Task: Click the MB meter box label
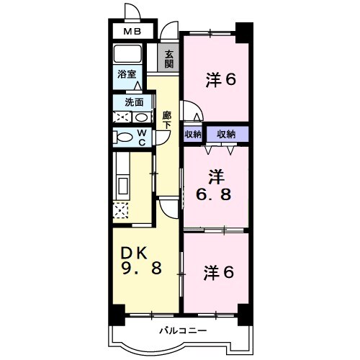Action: [132, 32]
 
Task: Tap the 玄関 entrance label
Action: [168, 59]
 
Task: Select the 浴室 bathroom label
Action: [127, 74]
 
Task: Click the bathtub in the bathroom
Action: [127, 53]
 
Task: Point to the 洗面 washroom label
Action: [134, 102]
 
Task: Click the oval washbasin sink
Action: [142, 117]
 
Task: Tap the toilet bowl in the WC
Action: [123, 138]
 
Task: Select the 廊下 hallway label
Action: [167, 120]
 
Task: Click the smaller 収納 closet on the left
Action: [193, 135]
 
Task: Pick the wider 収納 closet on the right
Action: [227, 135]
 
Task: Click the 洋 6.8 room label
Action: [214, 185]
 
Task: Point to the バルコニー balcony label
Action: [183, 331]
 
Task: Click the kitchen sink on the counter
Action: [123, 185]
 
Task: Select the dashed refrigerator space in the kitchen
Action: [120, 210]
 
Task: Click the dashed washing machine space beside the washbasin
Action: [122, 117]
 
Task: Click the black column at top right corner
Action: [244, 33]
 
